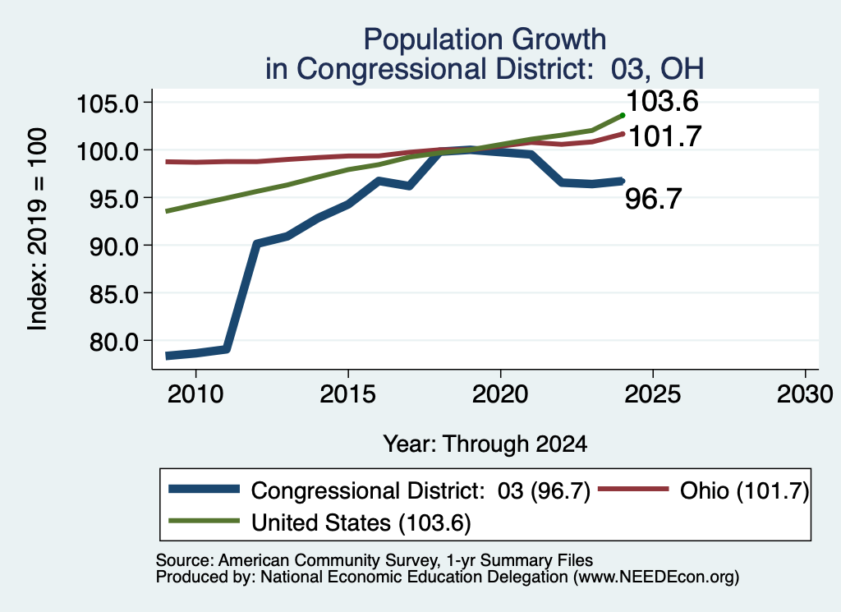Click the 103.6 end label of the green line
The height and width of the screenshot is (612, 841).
662,101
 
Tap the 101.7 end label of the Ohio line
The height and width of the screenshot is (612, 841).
664,136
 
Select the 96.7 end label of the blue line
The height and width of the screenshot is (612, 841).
653,199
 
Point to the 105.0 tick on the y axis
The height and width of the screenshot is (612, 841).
108,103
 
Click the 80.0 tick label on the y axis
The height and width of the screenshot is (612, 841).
114,341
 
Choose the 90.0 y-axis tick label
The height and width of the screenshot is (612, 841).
114,246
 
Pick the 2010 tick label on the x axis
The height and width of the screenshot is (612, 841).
195,394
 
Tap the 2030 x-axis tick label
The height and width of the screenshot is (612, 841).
805,394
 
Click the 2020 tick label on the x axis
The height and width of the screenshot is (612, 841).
500,394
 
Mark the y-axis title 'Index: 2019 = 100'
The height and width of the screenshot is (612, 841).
37,229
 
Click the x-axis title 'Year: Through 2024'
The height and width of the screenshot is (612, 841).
485,444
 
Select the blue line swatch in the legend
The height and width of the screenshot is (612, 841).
204,489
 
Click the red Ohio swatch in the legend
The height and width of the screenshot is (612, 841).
633,489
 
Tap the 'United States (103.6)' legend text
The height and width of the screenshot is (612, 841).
361,523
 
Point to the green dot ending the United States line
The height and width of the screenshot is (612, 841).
623,115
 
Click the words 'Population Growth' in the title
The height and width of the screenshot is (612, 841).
485,39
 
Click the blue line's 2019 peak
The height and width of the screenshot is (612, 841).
470,150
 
